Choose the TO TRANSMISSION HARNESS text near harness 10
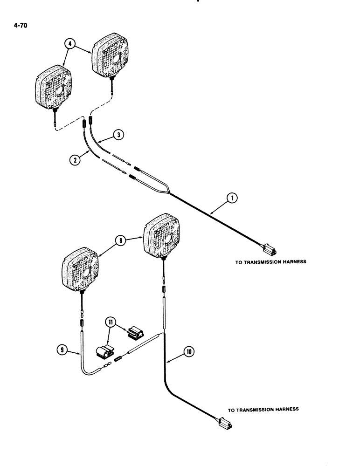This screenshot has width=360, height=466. tap(263, 410)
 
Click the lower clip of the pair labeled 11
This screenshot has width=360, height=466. tap(105, 350)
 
